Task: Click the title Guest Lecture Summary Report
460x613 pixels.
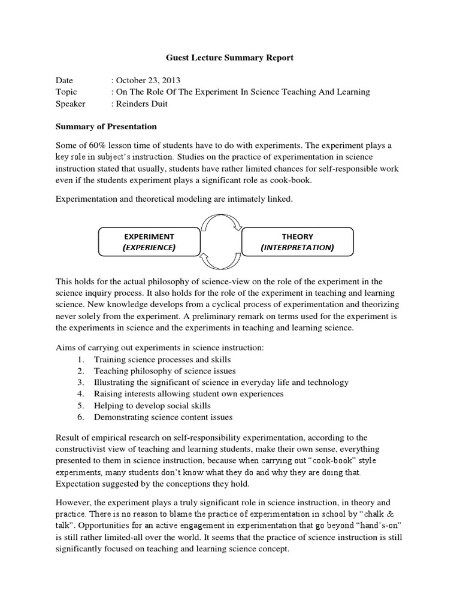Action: pyautogui.click(x=229, y=58)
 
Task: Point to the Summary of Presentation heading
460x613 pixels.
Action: pyautogui.click(x=106, y=126)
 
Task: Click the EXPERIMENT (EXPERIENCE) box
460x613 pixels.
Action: pyautogui.click(x=149, y=242)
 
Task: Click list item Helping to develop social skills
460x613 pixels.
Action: pyautogui.click(x=152, y=405)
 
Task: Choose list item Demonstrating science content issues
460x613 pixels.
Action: pyautogui.click(x=163, y=417)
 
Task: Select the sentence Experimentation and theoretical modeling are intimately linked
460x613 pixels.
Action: pyautogui.click(x=174, y=199)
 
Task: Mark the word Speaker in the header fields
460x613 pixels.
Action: pyautogui.click(x=71, y=104)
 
